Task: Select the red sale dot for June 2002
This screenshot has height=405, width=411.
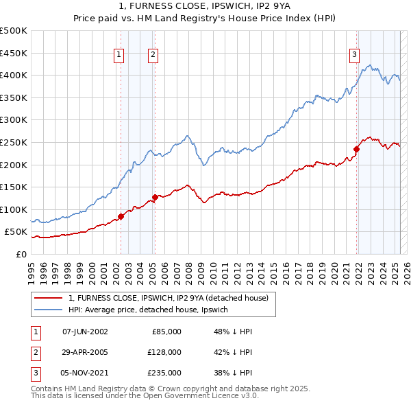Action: [121, 216]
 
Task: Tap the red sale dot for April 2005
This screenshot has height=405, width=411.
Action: [155, 197]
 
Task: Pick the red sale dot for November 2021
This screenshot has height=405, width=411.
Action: [357, 149]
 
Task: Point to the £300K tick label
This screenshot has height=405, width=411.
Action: [13, 119]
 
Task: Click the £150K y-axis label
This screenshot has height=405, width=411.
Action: [13, 187]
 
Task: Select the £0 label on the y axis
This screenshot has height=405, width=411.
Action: [21, 254]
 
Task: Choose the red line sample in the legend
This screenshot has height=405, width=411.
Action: [49, 298]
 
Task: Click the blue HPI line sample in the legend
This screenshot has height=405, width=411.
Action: [49, 310]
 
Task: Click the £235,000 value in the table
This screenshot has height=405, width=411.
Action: [164, 373]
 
